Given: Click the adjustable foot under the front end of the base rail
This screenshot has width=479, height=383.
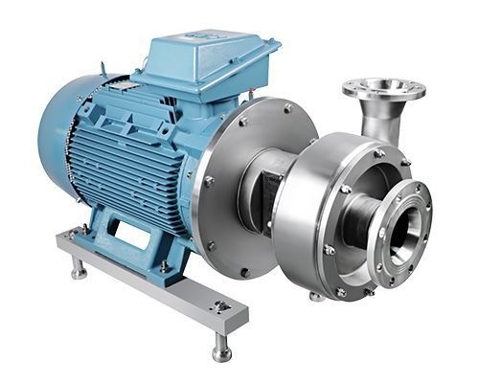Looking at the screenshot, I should pyautogui.click(x=221, y=347).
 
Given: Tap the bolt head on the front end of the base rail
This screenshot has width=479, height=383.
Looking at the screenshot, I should pyautogui.click(x=221, y=305).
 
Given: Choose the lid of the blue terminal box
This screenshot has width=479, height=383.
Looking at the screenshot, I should pyautogui.click(x=206, y=48).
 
